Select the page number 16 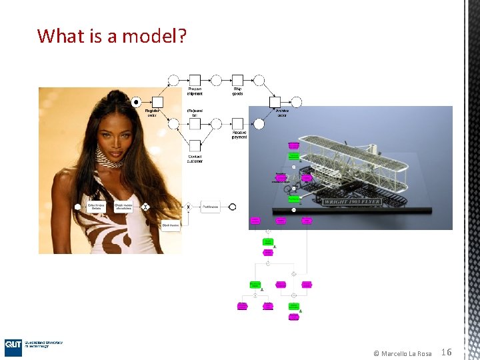(x=447, y=352)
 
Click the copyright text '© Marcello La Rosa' (x=402, y=353)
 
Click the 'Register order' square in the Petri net (x=152, y=102)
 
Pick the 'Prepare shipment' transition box (x=195, y=80)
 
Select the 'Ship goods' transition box (x=237, y=80)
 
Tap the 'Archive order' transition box (x=275, y=102)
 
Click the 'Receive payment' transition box (x=237, y=123)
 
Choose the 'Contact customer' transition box (x=195, y=145)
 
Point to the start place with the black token (x=136, y=102)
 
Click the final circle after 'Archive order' (x=296, y=102)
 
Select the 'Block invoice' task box (x=171, y=225)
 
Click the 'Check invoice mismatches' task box (x=123, y=207)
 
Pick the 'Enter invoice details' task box (x=96, y=207)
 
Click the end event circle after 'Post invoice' (x=233, y=207)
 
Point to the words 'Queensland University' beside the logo (x=44, y=343)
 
